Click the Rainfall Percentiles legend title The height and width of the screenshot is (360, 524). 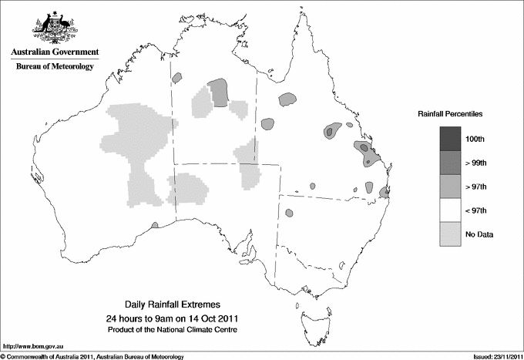pyautogui.click(x=450, y=113)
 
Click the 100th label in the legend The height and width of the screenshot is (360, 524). pyautogui.click(x=475, y=139)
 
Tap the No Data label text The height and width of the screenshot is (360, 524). pyautogui.click(x=479, y=234)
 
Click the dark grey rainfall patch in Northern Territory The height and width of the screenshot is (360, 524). pyautogui.click(x=220, y=93)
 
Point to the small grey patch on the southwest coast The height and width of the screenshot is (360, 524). pyautogui.click(x=155, y=224)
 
